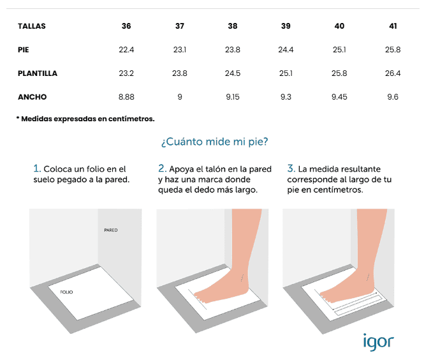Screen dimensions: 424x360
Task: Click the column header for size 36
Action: coord(126,26)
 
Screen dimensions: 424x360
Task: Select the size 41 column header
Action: coord(393,26)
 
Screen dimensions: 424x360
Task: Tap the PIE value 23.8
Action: coord(233,50)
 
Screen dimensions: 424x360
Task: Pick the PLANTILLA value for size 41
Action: coord(393,73)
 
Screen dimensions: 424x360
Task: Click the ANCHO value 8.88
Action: coord(126,96)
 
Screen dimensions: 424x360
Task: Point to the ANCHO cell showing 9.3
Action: coord(286,96)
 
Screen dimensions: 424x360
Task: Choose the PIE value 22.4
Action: coord(126,50)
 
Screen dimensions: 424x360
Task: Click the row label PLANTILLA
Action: coord(38,73)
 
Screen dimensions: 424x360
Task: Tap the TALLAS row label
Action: coord(32,26)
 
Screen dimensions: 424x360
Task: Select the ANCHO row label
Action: coord(32,97)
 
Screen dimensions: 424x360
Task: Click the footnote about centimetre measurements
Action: coord(85,119)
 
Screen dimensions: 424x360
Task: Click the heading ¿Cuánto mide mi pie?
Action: coord(214,142)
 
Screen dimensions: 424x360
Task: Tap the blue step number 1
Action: coord(37,169)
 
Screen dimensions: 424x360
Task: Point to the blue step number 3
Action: coord(291,169)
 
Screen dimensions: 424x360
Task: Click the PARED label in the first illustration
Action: coord(111,230)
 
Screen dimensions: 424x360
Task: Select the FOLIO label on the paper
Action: coord(66,292)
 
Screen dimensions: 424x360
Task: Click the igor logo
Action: coord(378,342)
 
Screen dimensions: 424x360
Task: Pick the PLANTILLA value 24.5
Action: coord(233,73)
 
